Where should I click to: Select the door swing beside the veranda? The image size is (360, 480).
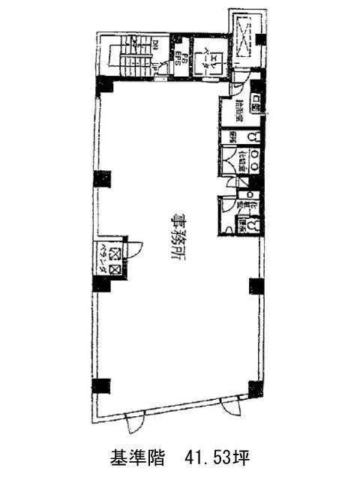pos(126,251)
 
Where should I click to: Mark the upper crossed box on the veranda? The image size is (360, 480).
pos(114,253)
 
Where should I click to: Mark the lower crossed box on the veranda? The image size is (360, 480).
pos(114,268)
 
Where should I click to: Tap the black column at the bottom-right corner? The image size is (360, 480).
pos(256,388)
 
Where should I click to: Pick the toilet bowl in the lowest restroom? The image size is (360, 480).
pos(255,224)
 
